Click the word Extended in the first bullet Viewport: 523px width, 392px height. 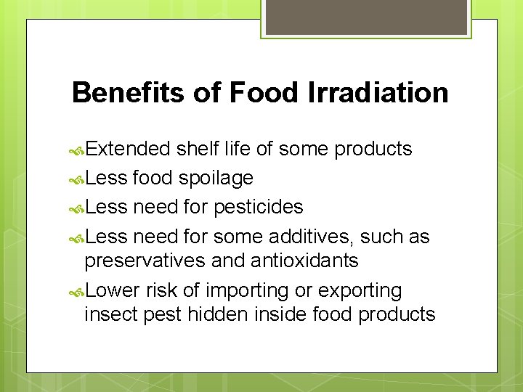[x=128, y=149]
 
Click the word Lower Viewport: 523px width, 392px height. [x=112, y=290]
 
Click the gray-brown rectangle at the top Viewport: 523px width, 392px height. [x=366, y=17]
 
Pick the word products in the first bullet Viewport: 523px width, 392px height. [x=373, y=150]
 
